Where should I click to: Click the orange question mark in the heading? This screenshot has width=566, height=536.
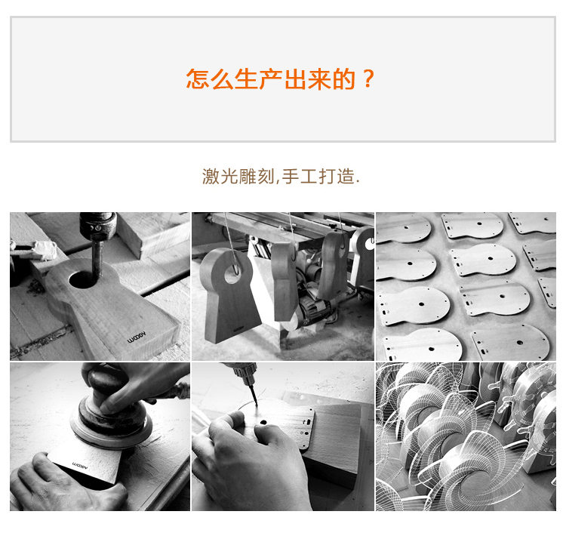368,79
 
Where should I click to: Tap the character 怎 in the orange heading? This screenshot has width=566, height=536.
198,79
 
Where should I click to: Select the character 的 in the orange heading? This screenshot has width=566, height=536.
343,79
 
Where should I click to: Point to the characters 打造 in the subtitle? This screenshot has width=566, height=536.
337,177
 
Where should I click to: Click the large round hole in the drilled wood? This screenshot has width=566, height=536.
83,279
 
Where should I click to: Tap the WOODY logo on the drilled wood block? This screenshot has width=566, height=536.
137,337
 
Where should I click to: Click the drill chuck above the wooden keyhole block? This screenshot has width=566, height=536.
98,226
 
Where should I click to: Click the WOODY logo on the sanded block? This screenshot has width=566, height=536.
80,464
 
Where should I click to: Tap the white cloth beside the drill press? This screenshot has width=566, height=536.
44,250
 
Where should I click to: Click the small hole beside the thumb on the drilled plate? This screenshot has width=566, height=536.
263,422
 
